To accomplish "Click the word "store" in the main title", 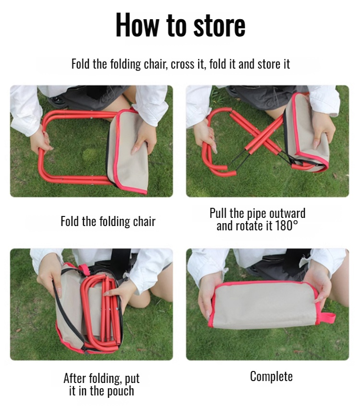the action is pos(219,25).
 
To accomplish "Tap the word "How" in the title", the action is pos(138,25).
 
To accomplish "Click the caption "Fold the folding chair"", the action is pos(108,222).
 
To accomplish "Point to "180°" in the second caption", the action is pos(287,226).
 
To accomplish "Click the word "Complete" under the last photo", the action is pos(271,376).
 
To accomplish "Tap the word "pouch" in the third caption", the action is pos(120,391).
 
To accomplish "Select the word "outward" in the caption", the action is pos(287,213).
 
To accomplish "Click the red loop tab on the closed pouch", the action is pos(328,318).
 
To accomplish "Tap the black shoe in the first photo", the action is pos(57,101).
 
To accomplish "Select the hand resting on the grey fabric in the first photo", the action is pos(144,137).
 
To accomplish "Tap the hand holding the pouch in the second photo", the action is pos(323,129).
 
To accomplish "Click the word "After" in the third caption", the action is pos(75,378).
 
